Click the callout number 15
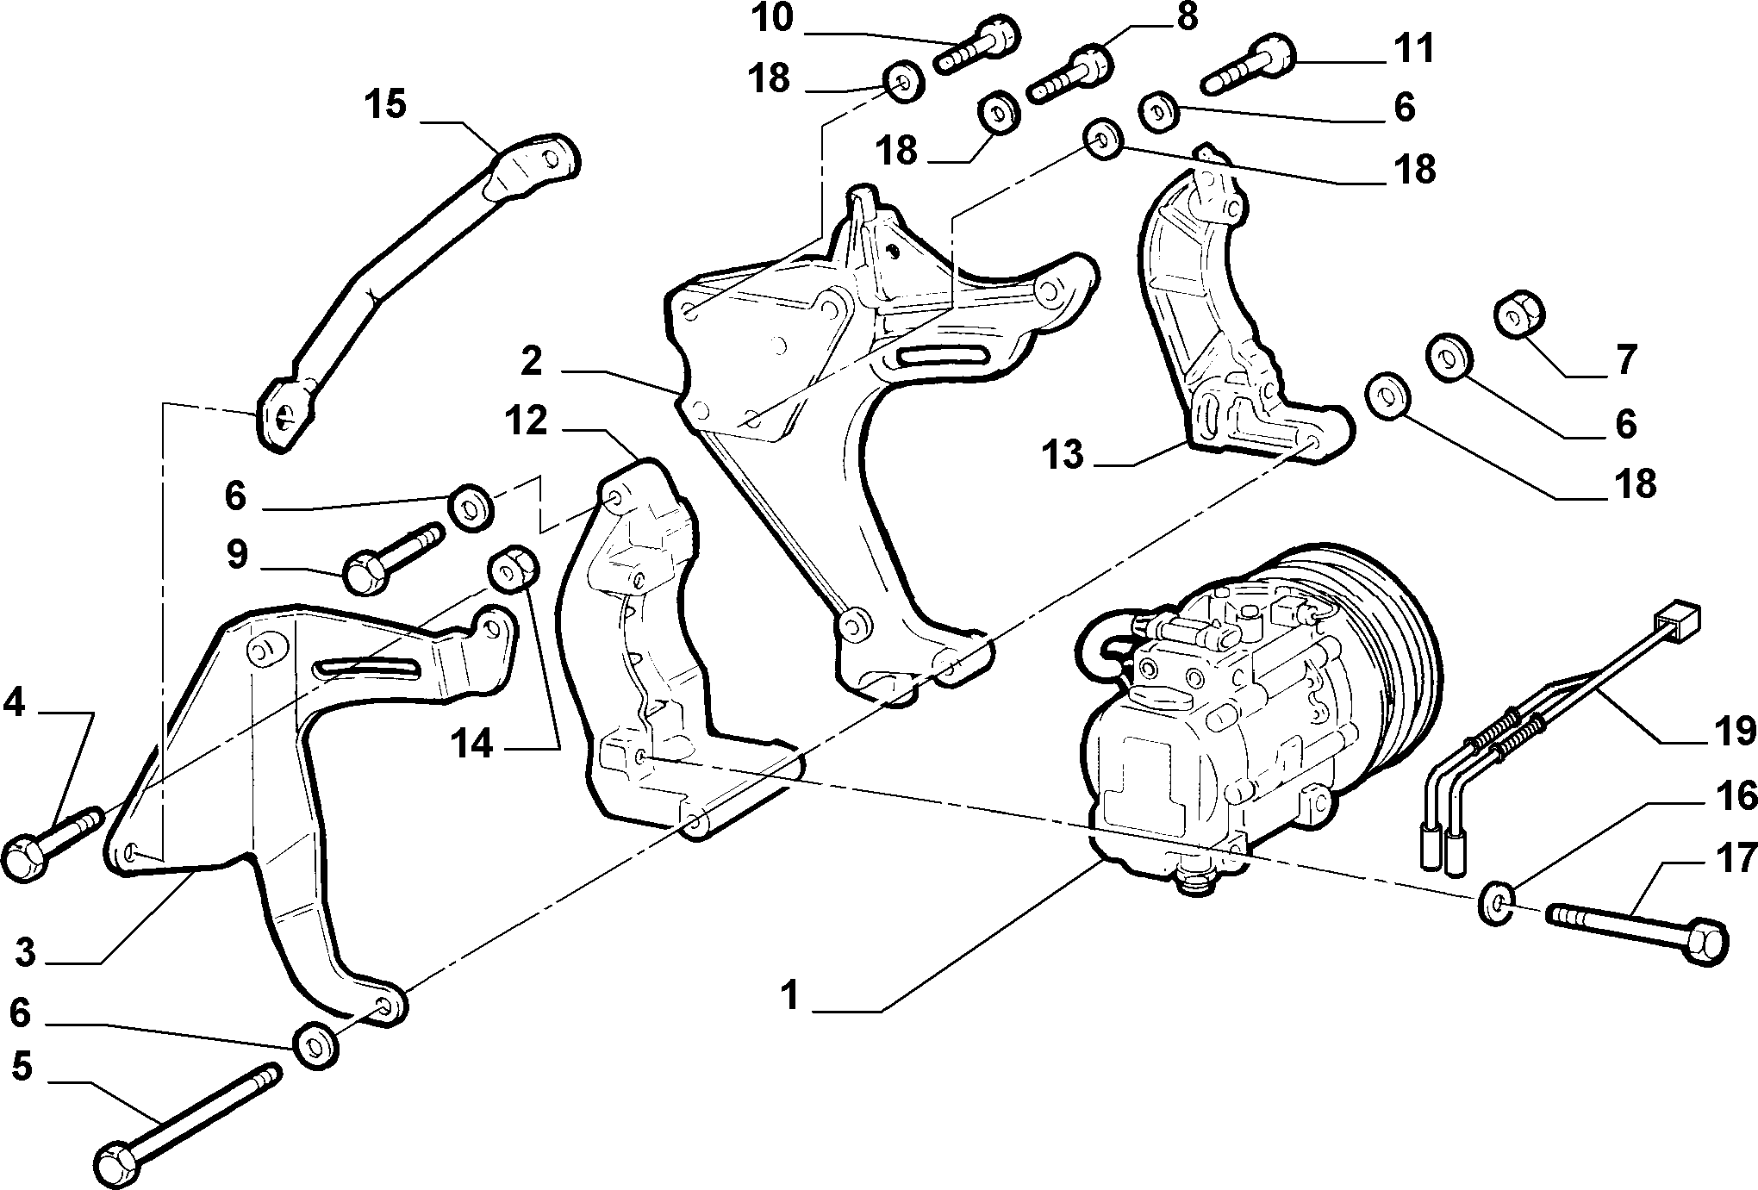tap(384, 106)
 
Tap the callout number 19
tap(1732, 731)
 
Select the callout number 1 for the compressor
tap(789, 997)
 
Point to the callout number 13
tap(1064, 454)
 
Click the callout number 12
tap(527, 421)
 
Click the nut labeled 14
tap(514, 569)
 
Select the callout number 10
tap(770, 18)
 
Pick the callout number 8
tap(1187, 16)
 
